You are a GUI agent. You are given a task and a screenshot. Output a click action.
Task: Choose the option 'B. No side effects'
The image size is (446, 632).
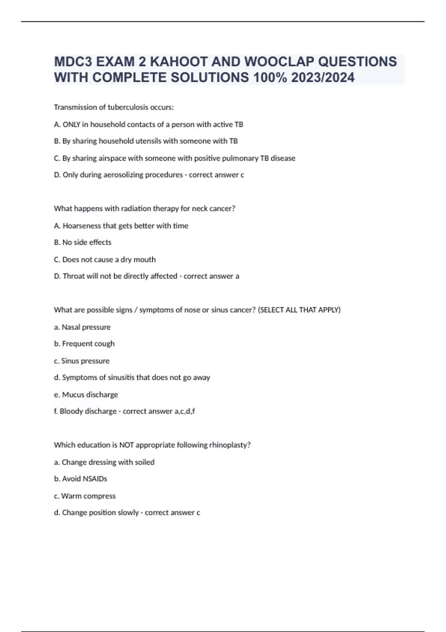pos(83,242)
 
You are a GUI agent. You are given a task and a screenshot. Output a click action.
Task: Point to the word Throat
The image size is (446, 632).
pos(74,276)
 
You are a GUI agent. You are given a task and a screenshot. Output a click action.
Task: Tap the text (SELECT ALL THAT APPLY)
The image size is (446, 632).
pos(299,310)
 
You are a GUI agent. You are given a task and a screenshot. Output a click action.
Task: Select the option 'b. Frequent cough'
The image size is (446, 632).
pos(84,344)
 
